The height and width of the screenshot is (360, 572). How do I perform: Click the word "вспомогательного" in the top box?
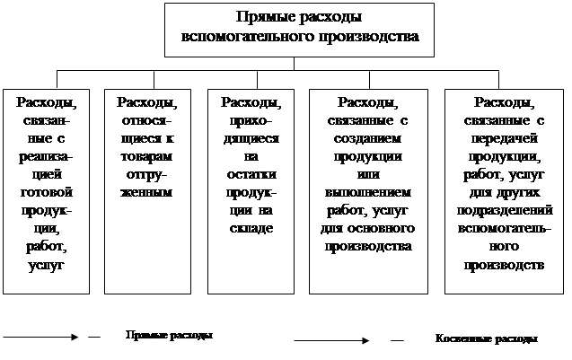pos(253,40)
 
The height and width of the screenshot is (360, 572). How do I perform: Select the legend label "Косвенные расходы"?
pos(486,339)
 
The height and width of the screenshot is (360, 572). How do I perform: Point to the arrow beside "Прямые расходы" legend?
pos(40,337)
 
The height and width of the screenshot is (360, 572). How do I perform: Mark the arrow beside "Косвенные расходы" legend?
pos(331,340)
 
